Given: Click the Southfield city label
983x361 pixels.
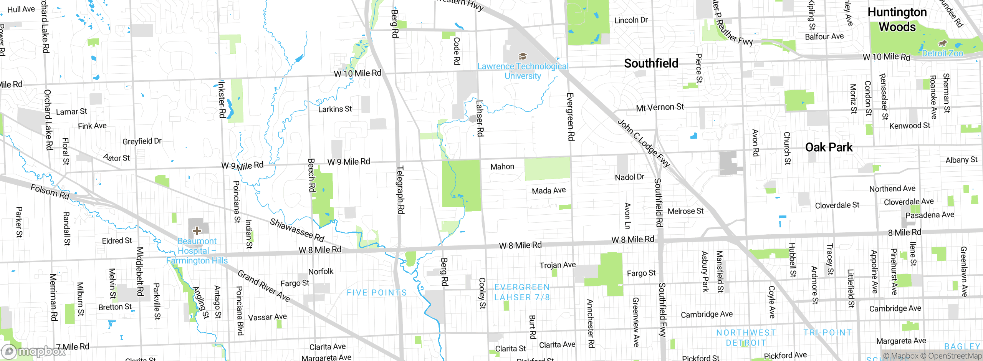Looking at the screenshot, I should pyautogui.click(x=651, y=63).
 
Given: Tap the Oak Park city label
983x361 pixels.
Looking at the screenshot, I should pyautogui.click(x=829, y=147).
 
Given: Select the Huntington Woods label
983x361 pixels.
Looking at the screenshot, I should pyautogui.click(x=897, y=20).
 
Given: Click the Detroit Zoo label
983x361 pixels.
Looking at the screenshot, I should pyautogui.click(x=942, y=53).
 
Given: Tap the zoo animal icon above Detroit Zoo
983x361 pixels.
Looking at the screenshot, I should pyautogui.click(x=942, y=43).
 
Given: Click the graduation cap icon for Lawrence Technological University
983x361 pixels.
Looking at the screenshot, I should pyautogui.click(x=523, y=56).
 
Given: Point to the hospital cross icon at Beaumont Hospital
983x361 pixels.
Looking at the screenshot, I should pyautogui.click(x=197, y=230).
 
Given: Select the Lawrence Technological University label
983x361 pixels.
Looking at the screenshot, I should pyautogui.click(x=523, y=71).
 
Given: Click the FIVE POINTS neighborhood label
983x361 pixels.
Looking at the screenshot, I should pyautogui.click(x=377, y=293).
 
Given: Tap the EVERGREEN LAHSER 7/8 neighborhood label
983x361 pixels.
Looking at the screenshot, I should pyautogui.click(x=522, y=292).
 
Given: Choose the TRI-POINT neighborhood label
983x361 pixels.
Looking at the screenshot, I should pyautogui.click(x=827, y=333).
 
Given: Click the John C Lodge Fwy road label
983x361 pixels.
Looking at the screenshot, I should pyautogui.click(x=644, y=143).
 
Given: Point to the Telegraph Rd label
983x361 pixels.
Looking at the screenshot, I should pyautogui.click(x=400, y=190).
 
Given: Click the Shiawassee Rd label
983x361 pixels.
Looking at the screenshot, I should pyautogui.click(x=297, y=230).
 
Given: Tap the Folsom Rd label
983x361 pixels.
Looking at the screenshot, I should pyautogui.click(x=50, y=191).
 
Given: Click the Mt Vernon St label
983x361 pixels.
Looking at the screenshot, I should pyautogui.click(x=660, y=107).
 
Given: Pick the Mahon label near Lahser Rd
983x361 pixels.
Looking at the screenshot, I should pyautogui.click(x=502, y=167).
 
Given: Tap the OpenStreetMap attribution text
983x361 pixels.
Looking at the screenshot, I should pyautogui.click(x=955, y=356).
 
